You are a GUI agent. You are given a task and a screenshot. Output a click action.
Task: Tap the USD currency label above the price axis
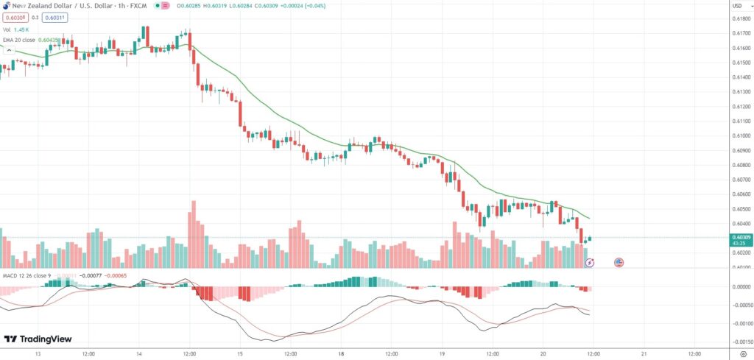[736, 6]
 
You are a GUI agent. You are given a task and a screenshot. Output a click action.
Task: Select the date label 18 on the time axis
[340, 353]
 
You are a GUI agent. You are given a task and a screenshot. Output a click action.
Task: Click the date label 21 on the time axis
[643, 353]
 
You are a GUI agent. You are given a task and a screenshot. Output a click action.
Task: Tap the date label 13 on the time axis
[38, 353]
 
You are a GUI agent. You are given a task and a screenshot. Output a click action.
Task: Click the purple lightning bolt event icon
[589, 262]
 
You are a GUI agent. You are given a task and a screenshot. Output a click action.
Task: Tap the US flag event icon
[619, 262]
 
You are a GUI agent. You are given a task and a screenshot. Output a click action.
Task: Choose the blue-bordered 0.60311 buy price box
[53, 16]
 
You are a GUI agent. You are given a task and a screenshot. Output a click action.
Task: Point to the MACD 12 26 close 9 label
[26, 275]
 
